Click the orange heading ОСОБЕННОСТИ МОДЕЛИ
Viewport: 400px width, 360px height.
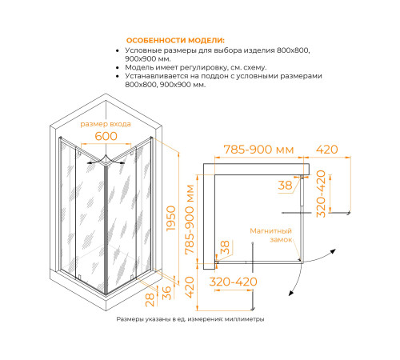[175, 41]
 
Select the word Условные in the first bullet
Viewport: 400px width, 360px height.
[149, 50]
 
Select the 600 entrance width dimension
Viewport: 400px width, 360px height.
[106, 137]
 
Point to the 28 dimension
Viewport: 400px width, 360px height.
[150, 299]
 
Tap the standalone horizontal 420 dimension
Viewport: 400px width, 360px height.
[330, 150]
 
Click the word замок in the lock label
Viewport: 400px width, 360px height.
[281, 239]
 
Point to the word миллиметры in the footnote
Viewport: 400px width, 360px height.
[242, 319]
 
